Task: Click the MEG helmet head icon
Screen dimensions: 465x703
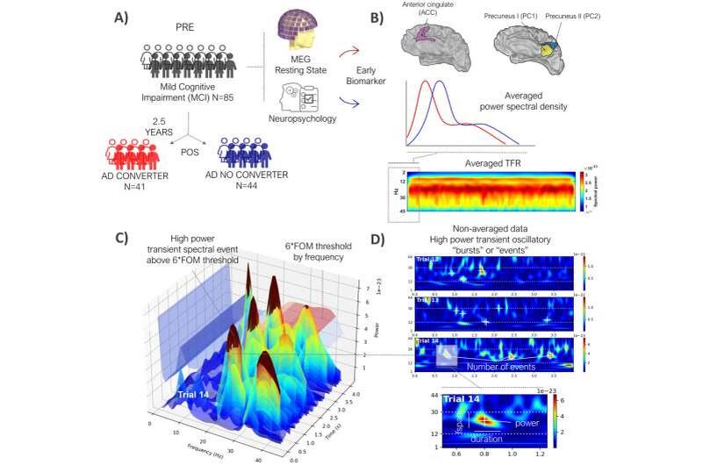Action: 290,32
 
